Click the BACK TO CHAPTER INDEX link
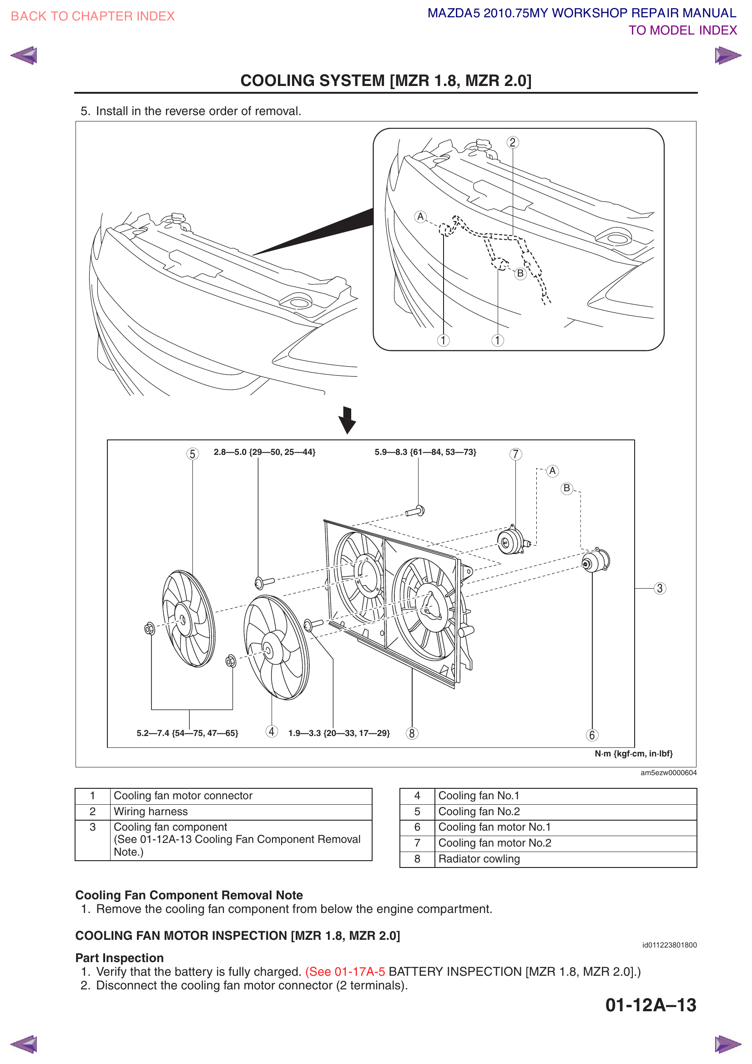(x=92, y=16)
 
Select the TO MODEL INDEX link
(x=682, y=30)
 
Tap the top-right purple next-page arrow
(x=727, y=55)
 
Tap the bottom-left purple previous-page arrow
(x=24, y=1044)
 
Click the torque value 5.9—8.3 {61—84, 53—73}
(x=425, y=452)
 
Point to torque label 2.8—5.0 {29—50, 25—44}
(x=264, y=452)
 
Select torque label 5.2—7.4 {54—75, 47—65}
(x=187, y=733)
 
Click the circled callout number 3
(x=659, y=589)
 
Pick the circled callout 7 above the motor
(x=515, y=454)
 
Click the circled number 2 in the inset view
(x=512, y=142)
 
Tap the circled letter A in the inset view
(x=420, y=217)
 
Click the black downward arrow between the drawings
(x=347, y=420)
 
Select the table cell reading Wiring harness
(x=241, y=812)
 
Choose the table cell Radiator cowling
(x=565, y=859)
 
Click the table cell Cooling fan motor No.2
(x=565, y=843)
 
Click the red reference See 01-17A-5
(x=345, y=971)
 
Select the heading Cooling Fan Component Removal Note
(x=189, y=895)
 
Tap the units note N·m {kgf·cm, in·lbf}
(x=633, y=753)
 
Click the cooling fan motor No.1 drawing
(x=596, y=561)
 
